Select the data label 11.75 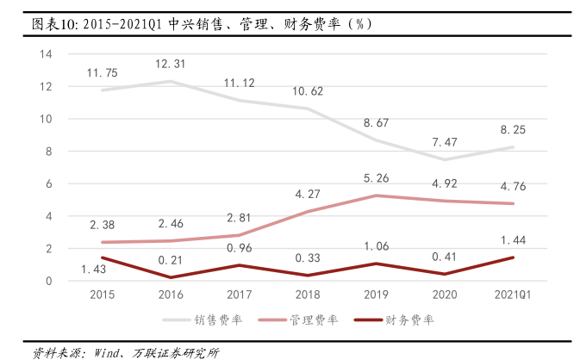coord(102,73)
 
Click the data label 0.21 coord(171,258)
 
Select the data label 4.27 coord(309,195)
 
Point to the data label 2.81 coord(240,218)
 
